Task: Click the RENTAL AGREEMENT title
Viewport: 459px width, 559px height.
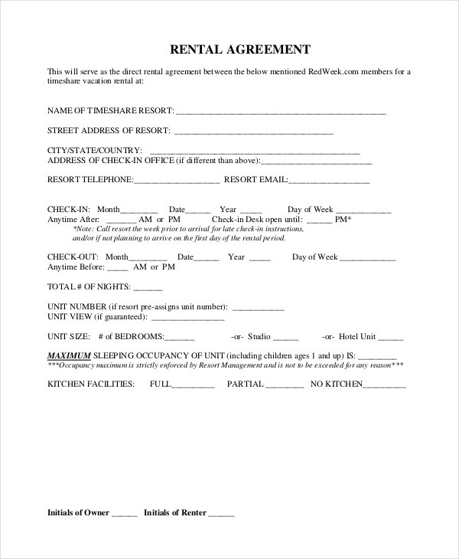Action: [239, 50]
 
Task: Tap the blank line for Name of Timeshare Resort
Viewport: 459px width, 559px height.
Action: [282, 113]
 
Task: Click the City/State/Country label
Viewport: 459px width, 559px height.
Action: [95, 150]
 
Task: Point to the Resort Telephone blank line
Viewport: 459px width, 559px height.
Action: [177, 182]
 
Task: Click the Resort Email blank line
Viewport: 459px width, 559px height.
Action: [329, 182]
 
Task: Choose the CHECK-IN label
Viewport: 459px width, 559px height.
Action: [70, 209]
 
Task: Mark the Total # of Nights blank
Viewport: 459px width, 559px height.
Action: [148, 289]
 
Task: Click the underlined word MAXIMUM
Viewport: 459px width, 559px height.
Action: [69, 356]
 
